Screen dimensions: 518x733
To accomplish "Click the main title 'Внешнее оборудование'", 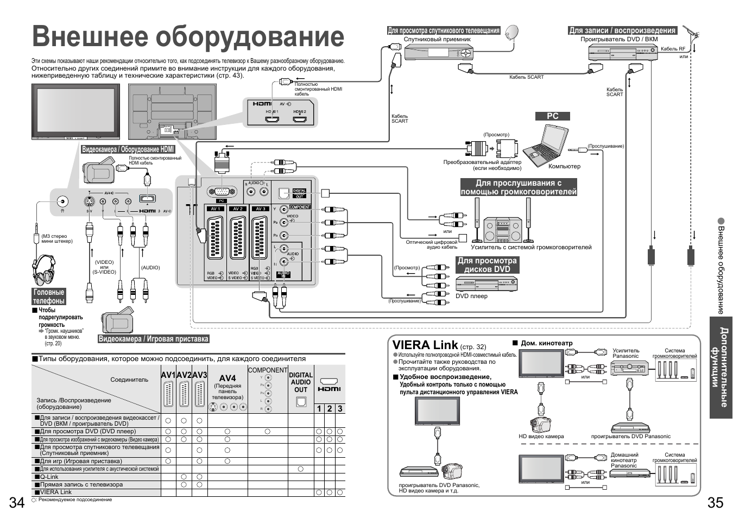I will (x=188, y=37).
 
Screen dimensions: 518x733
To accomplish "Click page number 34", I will (x=17, y=502).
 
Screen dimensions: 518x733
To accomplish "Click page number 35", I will (x=715, y=502).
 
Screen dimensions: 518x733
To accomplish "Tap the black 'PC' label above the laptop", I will (x=552, y=116).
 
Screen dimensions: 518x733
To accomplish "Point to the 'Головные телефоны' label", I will (x=49, y=296).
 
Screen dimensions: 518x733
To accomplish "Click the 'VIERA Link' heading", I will (x=425, y=345).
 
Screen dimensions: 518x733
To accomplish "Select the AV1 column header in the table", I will (x=168, y=375).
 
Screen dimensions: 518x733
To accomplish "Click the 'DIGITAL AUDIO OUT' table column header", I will (x=300, y=382).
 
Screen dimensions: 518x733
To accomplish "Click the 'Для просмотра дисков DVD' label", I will (x=486, y=264).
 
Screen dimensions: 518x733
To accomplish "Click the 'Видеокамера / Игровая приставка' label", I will (x=153, y=339).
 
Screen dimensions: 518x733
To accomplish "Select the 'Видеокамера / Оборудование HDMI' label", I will (x=128, y=149).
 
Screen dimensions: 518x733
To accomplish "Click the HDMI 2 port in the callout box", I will (x=300, y=118).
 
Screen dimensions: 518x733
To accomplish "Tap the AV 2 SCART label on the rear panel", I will (x=238, y=209).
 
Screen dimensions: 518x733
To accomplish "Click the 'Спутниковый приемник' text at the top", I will (x=437, y=39).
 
